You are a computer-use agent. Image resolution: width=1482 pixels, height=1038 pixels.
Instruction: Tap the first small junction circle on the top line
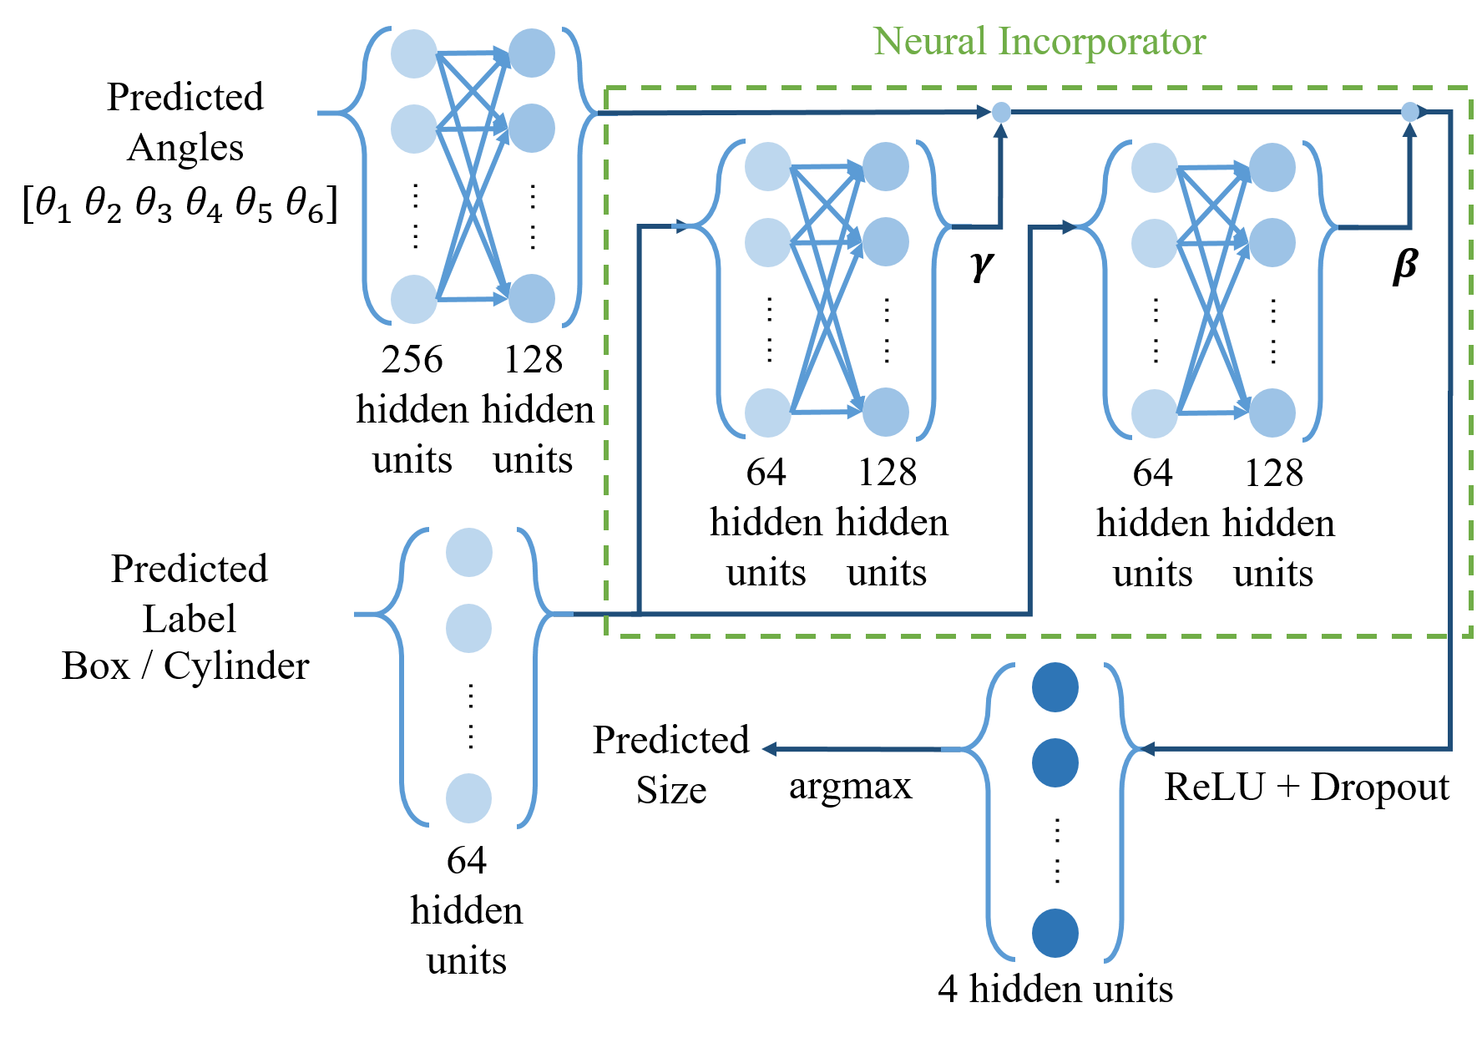coord(1001,112)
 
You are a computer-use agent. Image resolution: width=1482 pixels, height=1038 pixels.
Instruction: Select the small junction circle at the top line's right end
coord(1409,112)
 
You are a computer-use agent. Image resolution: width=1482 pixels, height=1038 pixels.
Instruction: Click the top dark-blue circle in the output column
coord(1055,687)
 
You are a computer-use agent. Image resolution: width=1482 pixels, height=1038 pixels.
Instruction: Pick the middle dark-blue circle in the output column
coord(1055,762)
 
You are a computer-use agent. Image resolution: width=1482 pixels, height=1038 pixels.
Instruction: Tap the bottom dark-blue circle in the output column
coord(1055,933)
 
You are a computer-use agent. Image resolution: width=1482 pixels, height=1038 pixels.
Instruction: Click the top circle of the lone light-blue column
coord(468,552)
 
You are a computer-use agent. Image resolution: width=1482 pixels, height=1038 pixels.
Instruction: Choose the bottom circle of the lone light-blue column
coord(468,798)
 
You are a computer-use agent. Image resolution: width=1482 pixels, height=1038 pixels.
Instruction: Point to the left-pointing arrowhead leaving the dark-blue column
coord(769,749)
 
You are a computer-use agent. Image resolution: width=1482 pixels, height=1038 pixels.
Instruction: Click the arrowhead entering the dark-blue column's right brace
coord(1146,749)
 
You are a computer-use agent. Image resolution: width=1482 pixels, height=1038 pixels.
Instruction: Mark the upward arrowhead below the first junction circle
coord(1001,130)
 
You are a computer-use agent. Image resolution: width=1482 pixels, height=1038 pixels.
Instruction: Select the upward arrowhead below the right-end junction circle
coord(1409,130)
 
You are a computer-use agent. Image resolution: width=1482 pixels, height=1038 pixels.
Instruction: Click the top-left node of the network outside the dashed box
coord(414,53)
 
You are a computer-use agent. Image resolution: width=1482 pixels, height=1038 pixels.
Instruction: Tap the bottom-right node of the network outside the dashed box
coord(532,298)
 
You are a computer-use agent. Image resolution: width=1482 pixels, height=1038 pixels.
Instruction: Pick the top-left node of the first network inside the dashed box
coord(768,166)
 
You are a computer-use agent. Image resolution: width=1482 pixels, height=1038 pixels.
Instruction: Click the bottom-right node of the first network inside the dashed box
coord(886,412)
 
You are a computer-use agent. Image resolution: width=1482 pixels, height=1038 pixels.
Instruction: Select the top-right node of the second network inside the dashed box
coord(1272,167)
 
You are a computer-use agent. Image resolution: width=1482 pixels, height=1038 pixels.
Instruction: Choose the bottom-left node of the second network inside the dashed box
coord(1155,413)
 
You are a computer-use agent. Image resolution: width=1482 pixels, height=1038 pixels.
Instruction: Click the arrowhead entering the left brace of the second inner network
coord(1069,226)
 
